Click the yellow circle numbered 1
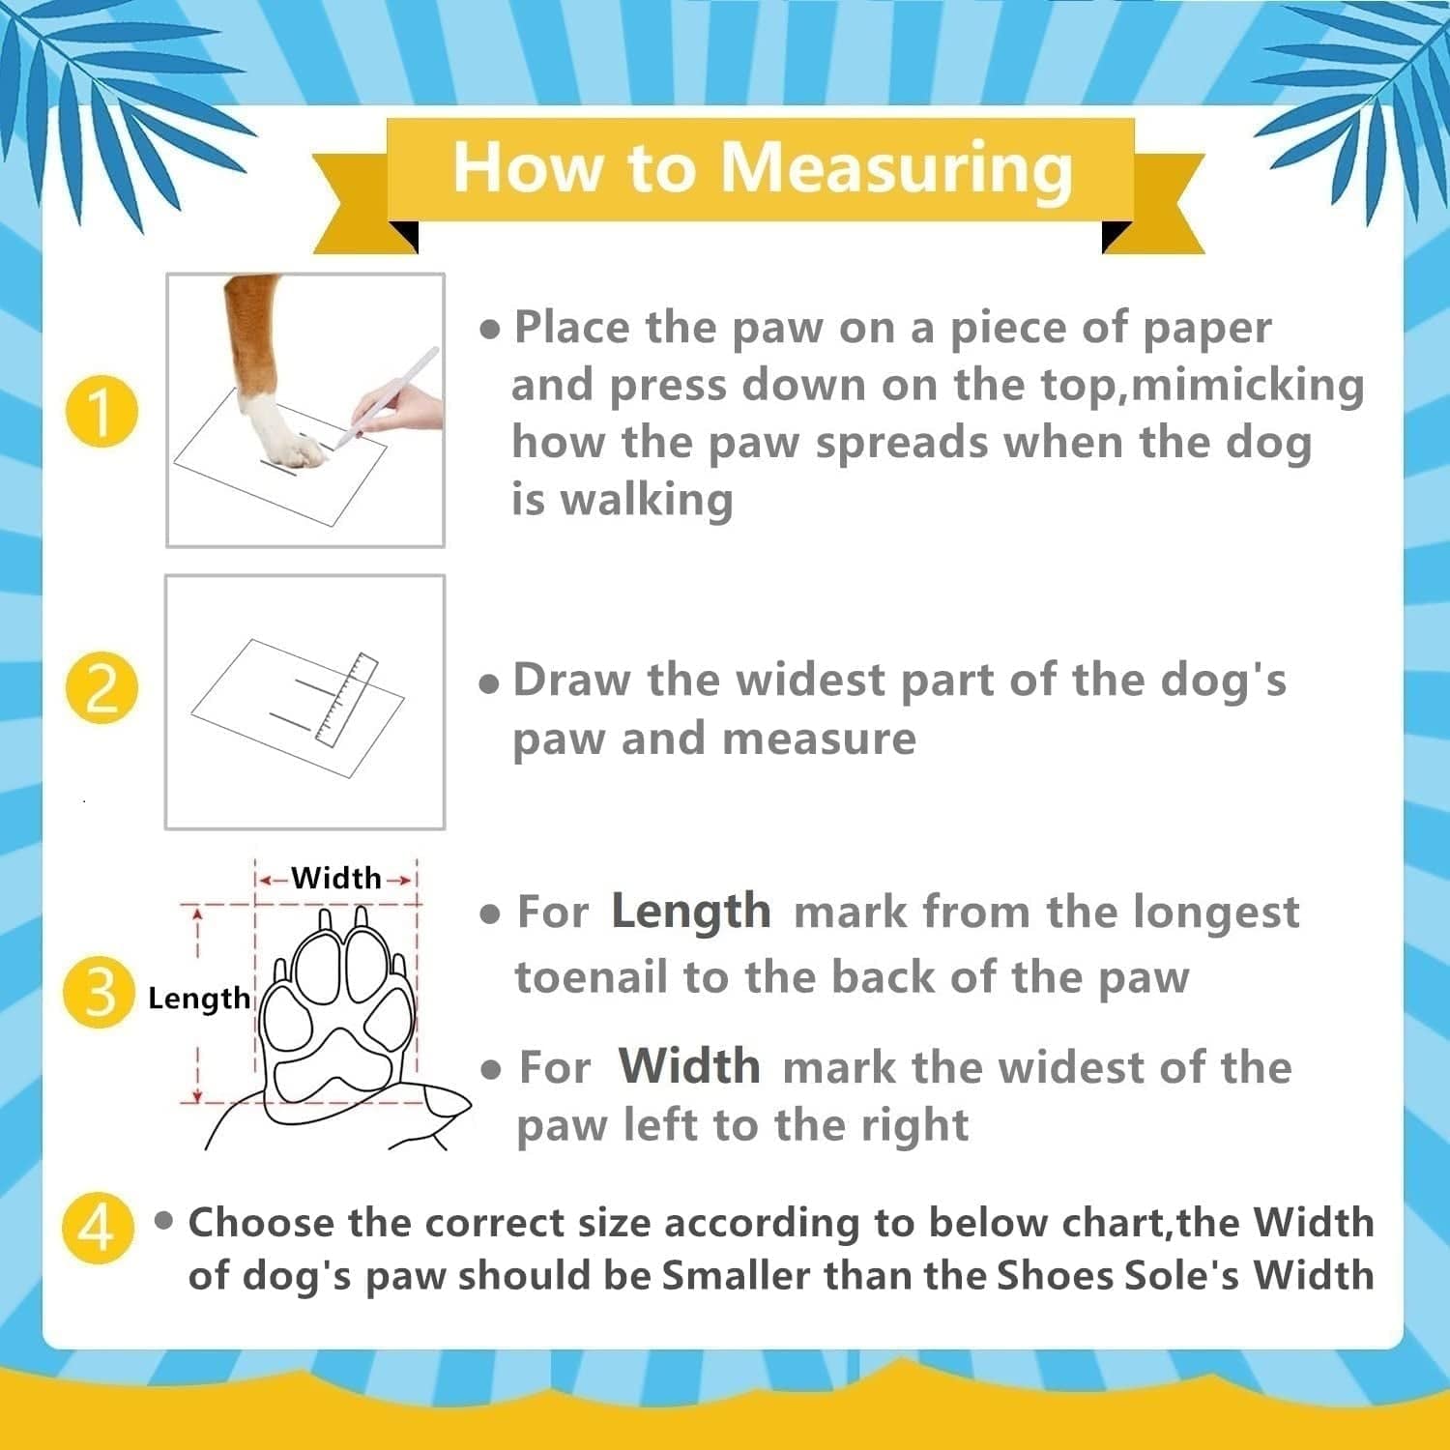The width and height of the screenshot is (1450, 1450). pyautogui.click(x=101, y=411)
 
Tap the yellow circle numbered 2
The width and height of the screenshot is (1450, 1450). pyautogui.click(x=101, y=689)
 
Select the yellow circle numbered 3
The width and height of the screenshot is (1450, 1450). pyautogui.click(x=99, y=992)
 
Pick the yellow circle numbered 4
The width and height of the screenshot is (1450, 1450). pyautogui.click(x=98, y=1229)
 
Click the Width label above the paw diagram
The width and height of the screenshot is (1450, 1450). pyautogui.click(x=336, y=878)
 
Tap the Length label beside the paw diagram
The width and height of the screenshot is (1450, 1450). pyautogui.click(x=198, y=998)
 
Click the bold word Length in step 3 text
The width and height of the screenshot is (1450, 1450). pyautogui.click(x=691, y=912)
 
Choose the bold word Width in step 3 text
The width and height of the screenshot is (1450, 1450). pyautogui.click(x=689, y=1065)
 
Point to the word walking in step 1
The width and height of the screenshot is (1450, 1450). pyautogui.click(x=647, y=501)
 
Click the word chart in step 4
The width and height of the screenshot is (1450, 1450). pyautogui.click(x=1114, y=1223)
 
